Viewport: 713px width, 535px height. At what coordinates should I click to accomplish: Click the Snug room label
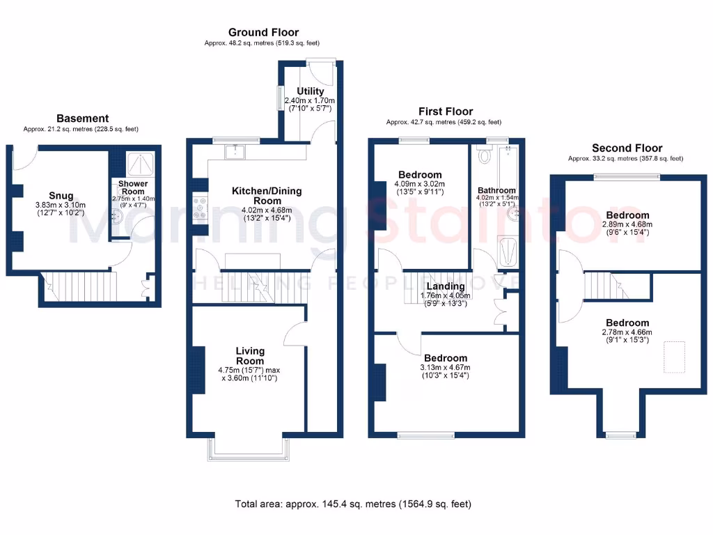pos(61,196)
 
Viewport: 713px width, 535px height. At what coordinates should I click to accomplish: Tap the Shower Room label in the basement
pos(132,187)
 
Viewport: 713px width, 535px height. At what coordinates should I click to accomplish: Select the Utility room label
pos(310,91)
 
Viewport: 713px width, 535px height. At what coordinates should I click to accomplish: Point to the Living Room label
pos(250,355)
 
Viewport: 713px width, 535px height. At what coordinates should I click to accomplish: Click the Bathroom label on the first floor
pos(496,190)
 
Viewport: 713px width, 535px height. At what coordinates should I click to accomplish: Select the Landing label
pos(446,286)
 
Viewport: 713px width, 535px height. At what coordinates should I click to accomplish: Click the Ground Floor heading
pos(263,32)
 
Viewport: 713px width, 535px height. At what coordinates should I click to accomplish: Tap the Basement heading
pos(82,118)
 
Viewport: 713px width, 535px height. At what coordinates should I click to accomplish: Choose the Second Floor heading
pos(627,148)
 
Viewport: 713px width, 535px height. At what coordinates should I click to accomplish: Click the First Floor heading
pos(446,111)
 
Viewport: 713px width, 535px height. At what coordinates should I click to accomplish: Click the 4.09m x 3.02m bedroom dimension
pos(420,185)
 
